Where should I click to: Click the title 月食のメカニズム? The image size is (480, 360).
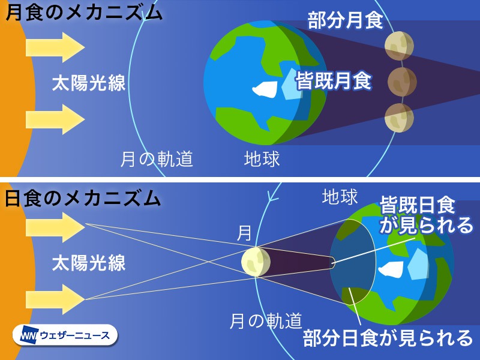point(84,13)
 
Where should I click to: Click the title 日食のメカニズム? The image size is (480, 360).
point(83,199)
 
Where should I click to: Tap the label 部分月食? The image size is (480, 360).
point(346,20)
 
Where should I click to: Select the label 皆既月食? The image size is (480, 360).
point(334,80)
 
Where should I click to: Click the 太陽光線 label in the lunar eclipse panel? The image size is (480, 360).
point(89,83)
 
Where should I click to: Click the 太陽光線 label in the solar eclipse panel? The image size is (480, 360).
point(89,263)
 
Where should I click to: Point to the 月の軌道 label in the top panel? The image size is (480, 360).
point(157,159)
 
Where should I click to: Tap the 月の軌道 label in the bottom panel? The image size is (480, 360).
point(266,320)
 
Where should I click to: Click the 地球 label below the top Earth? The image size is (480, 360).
point(262,159)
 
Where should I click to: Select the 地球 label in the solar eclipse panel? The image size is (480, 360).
point(340,197)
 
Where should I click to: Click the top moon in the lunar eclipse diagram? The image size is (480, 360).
point(399,46)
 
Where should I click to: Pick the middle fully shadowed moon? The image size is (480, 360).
point(402,82)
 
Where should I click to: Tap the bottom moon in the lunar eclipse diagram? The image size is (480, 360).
point(399,118)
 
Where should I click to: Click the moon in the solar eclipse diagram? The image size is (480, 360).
point(256,262)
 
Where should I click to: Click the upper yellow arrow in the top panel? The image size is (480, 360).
point(55,47)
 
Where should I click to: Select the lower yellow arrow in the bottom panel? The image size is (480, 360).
point(55,299)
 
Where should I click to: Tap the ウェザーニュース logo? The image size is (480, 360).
point(65,335)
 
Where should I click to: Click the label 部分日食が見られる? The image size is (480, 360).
point(388,338)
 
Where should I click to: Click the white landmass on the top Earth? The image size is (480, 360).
point(265,89)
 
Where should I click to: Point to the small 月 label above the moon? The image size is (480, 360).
point(244,233)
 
